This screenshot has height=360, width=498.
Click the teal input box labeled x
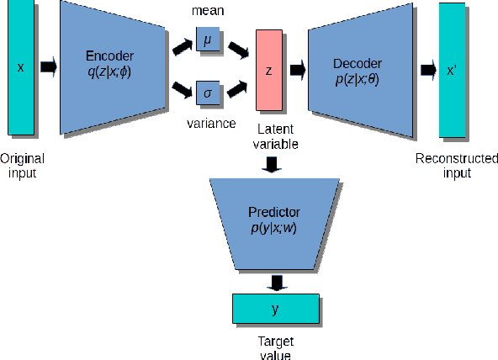pyautogui.click(x=21, y=67)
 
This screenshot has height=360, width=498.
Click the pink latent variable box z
pyautogui.click(x=269, y=70)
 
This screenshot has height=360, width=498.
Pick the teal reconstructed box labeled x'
pyautogui.click(x=453, y=70)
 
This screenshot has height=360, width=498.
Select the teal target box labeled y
pyautogui.click(x=275, y=309)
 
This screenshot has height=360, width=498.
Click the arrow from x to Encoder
pyautogui.click(x=49, y=66)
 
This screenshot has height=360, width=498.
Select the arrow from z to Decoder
pyautogui.click(x=297, y=71)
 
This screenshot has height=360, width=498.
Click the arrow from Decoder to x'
pyautogui.click(x=429, y=70)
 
